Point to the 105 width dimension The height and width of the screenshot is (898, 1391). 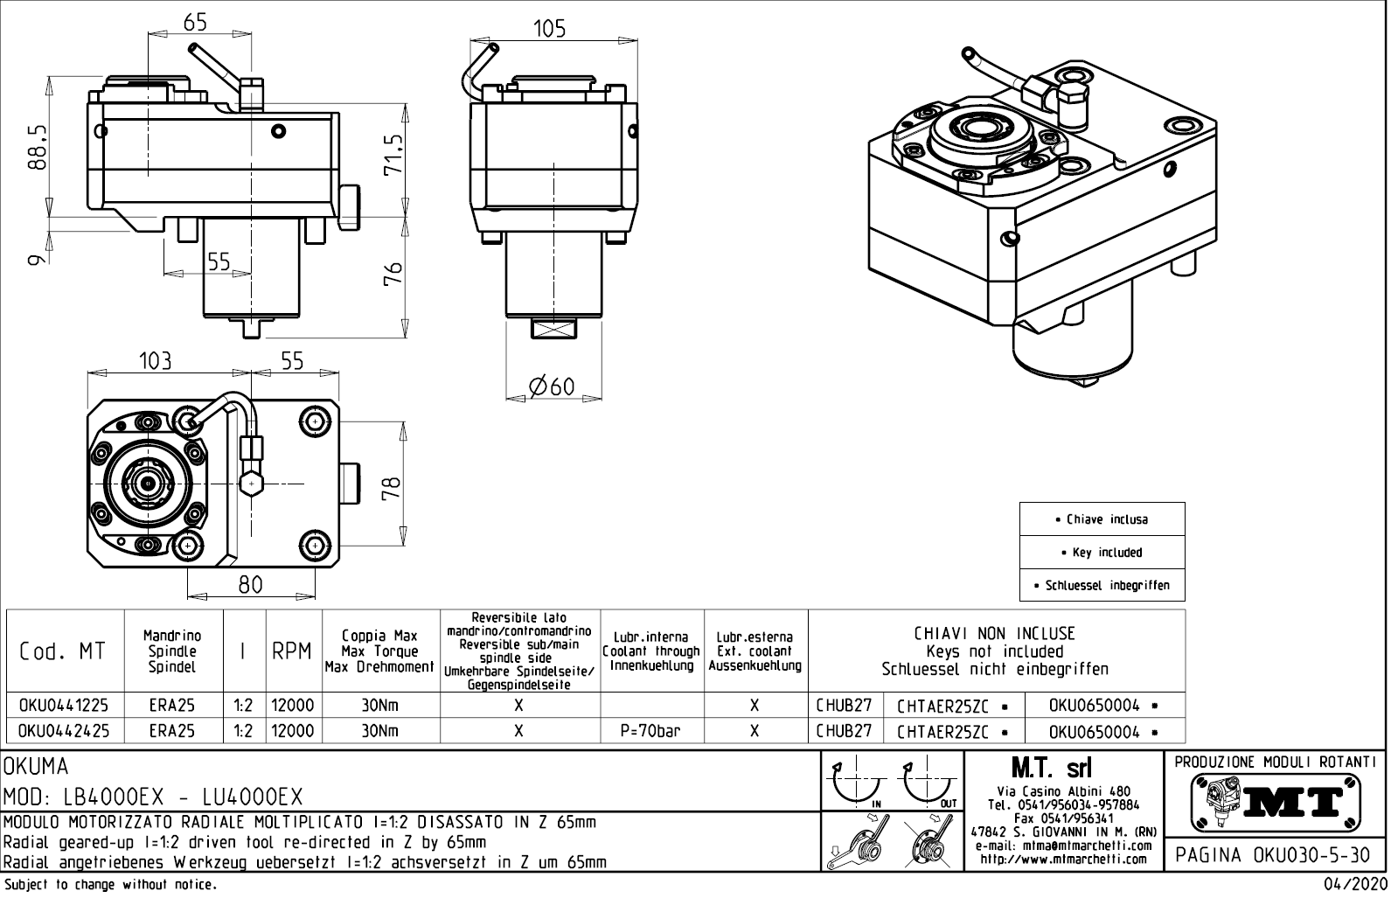click(549, 29)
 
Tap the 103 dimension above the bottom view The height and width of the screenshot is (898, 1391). click(155, 360)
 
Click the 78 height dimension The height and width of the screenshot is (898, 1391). click(393, 486)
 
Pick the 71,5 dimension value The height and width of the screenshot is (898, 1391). click(395, 154)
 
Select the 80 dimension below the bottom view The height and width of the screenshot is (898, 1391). click(250, 584)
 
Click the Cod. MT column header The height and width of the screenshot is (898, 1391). click(62, 651)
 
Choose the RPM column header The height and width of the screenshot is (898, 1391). click(292, 651)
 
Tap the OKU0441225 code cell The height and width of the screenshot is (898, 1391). click(64, 706)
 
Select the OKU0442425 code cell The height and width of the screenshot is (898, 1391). click(64, 731)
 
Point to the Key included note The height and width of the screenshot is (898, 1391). click(1102, 553)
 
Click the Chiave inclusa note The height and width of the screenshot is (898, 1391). click(1102, 519)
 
